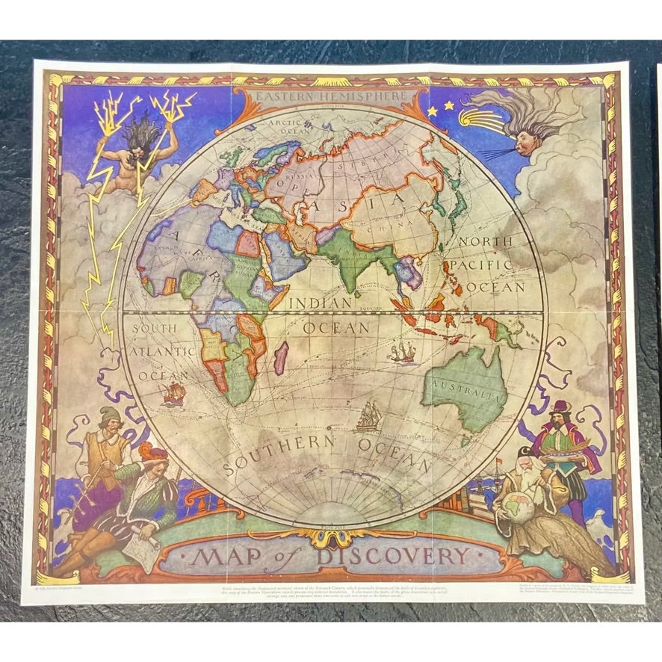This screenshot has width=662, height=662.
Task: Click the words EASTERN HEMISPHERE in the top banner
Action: tap(332, 96)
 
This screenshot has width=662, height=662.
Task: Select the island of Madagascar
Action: tap(281, 358)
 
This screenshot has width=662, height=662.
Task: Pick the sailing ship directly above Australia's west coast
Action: tap(403, 351)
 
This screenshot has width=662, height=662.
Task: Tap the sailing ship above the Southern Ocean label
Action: tap(367, 416)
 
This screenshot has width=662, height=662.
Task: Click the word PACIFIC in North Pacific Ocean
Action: tap(485, 265)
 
